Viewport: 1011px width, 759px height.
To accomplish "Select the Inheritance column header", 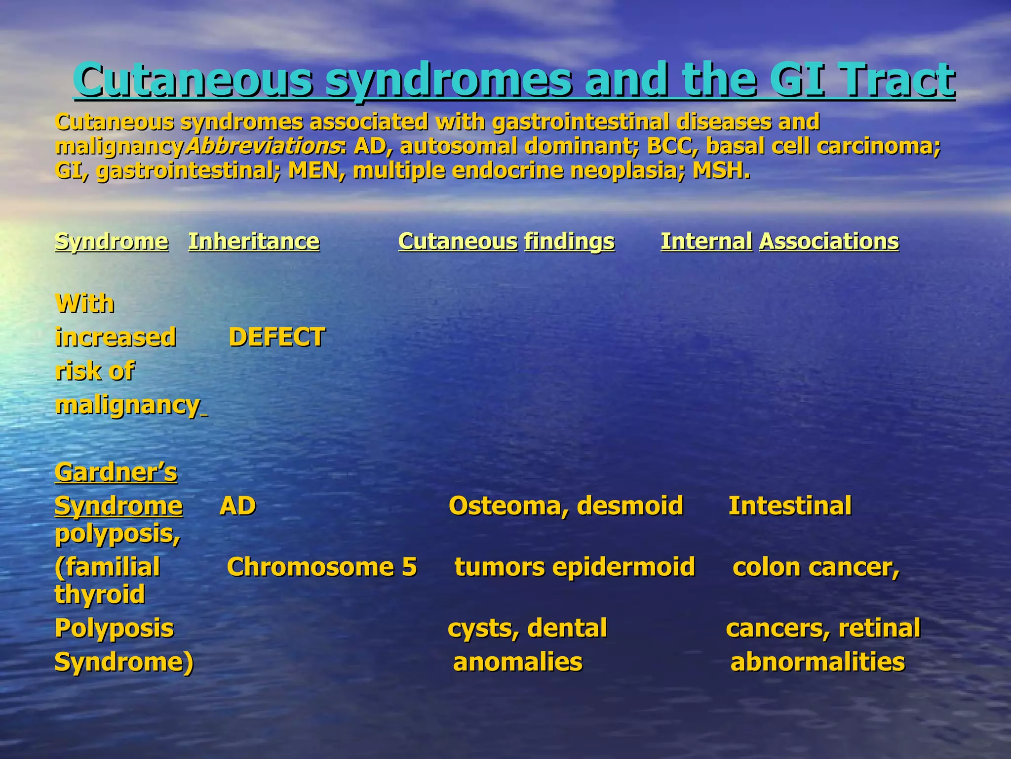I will [254, 242].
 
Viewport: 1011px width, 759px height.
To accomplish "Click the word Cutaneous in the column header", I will [458, 242].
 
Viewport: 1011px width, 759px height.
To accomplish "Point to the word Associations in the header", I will [829, 242].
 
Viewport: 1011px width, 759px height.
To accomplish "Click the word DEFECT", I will [276, 337].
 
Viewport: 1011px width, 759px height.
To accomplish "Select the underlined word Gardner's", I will [116, 472].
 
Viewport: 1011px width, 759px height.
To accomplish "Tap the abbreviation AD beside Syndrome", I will [237, 506].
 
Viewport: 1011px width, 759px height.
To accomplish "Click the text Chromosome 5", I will [322, 567].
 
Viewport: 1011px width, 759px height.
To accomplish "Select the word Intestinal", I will [790, 506].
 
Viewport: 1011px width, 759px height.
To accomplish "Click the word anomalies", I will [518, 662].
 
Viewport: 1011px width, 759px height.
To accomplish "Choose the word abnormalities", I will [817, 662].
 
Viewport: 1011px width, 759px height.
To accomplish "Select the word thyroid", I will [100, 594].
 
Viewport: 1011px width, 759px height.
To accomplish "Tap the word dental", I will [567, 628].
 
